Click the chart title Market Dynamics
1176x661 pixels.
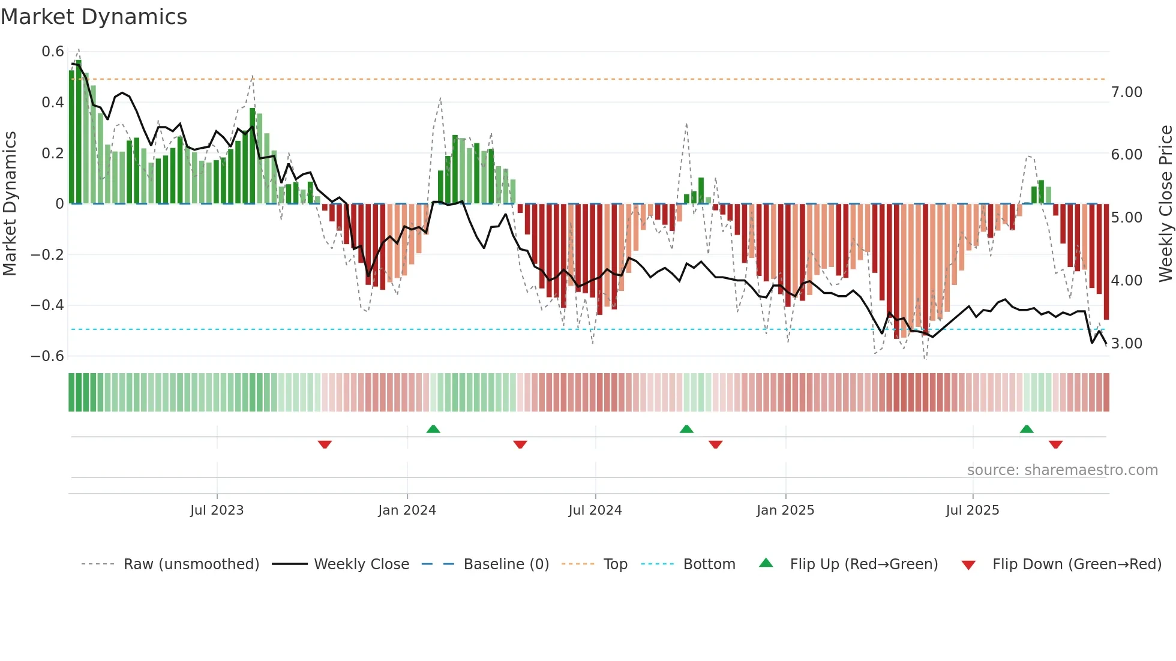[94, 17]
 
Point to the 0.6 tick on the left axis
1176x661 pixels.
[53, 52]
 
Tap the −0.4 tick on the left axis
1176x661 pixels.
[47, 305]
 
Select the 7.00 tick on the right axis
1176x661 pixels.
[1126, 92]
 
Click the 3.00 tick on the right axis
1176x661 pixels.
[1126, 344]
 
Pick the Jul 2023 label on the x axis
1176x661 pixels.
[217, 510]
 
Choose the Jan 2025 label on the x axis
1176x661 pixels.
[785, 510]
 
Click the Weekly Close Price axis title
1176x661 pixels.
[1165, 204]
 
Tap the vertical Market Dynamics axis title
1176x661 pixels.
[10, 204]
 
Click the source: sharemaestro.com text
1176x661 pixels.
[1062, 470]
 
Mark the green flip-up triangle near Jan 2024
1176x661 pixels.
[433, 429]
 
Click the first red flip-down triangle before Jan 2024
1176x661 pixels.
[325, 444]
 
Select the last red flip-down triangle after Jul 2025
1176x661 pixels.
[1055, 444]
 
